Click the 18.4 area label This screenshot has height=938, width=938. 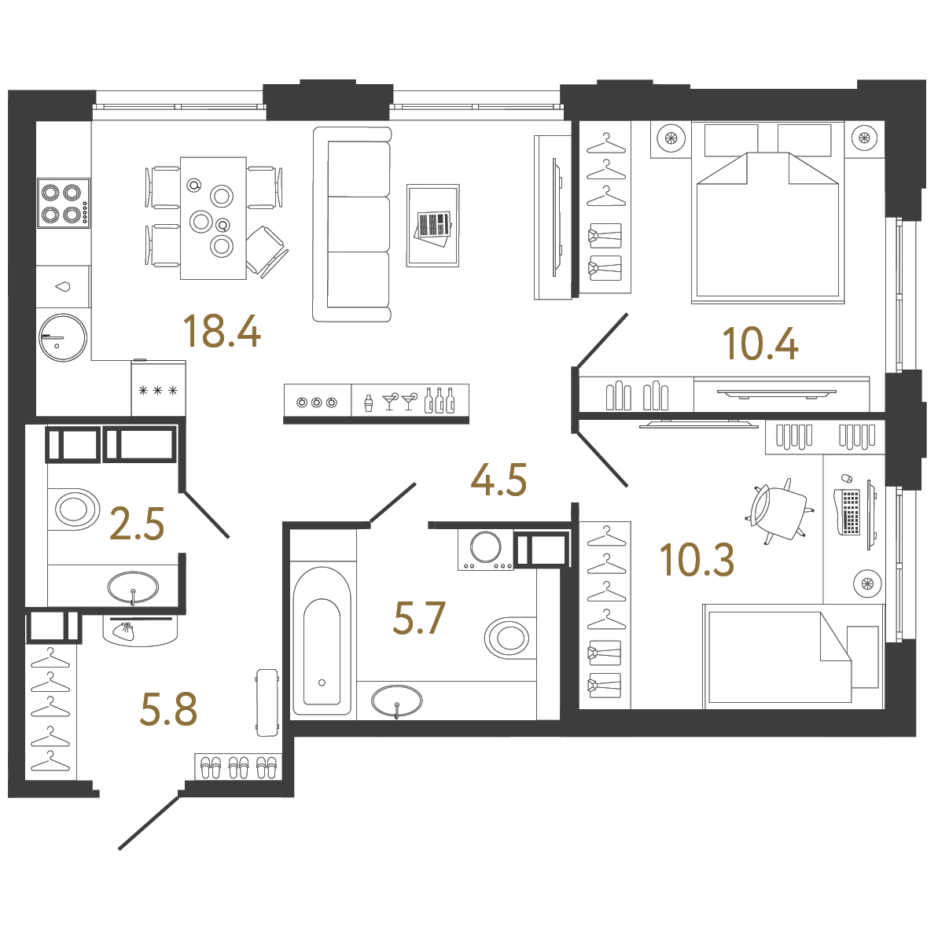pyautogui.click(x=221, y=331)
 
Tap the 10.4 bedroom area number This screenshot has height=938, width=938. pyautogui.click(x=760, y=344)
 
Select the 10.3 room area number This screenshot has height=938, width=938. pyautogui.click(x=697, y=560)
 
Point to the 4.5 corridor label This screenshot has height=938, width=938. pyautogui.click(x=498, y=480)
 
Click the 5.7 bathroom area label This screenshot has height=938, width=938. pyautogui.click(x=419, y=618)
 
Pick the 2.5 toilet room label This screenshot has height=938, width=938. pyautogui.click(x=138, y=524)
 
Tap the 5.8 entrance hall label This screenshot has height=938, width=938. pyautogui.click(x=168, y=709)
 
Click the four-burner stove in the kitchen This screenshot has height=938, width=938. pyautogui.click(x=63, y=203)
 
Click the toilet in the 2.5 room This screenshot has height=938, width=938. pyautogui.click(x=75, y=509)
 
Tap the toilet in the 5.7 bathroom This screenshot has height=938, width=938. pyautogui.click(x=509, y=637)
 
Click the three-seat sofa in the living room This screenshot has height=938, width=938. pyautogui.click(x=352, y=224)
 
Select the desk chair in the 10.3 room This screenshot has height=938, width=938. pyautogui.click(x=778, y=510)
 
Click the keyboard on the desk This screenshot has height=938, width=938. pyautogui.click(x=850, y=511)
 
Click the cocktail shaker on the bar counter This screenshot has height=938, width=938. pyautogui.click(x=367, y=403)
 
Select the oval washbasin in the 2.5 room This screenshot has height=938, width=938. pyautogui.click(x=133, y=586)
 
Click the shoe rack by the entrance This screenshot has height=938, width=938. pyautogui.click(x=238, y=767)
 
